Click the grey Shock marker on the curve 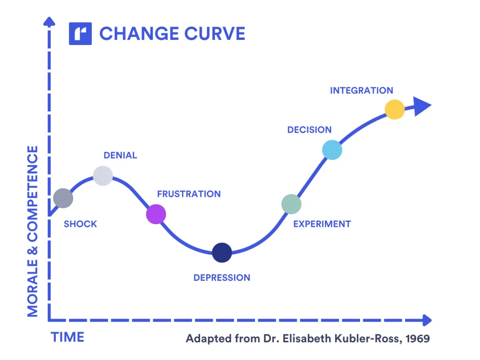coord(63,198)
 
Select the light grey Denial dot coord(103,176)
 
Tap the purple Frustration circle coord(156,214)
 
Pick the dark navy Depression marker coord(222,253)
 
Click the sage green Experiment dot coord(292,204)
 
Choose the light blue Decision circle coord(332,150)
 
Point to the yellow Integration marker coord(395,109)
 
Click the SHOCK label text coord(80,224)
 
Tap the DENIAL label coord(120,155)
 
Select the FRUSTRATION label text coord(189,194)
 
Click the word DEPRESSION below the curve coord(222,277)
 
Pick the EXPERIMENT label coord(322,224)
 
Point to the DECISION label coord(309,130)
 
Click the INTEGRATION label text coord(361,90)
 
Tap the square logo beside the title coord(80,34)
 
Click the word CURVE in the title coord(215,34)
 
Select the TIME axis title coord(67,337)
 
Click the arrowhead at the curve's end coord(422,106)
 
